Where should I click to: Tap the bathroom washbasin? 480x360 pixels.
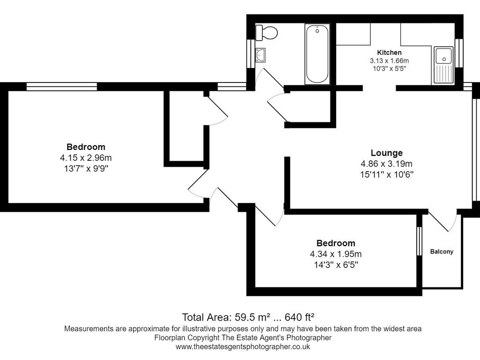[260, 55]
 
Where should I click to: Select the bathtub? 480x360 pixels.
[317, 54]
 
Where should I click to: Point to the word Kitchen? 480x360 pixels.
[389, 52]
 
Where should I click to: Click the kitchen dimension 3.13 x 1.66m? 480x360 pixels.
[389, 60]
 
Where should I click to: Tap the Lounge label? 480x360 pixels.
[386, 153]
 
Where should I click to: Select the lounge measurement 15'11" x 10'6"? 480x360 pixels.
[386, 174]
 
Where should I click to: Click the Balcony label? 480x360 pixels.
[442, 252]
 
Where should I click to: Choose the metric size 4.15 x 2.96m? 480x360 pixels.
[86, 157]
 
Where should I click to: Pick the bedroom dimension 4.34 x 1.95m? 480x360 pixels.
[336, 254]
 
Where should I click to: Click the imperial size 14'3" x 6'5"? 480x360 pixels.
[336, 265]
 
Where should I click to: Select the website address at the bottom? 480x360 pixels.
[243, 347]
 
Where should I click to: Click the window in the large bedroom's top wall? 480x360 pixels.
[61, 86]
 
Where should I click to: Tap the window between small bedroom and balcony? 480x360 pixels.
[420, 241]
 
